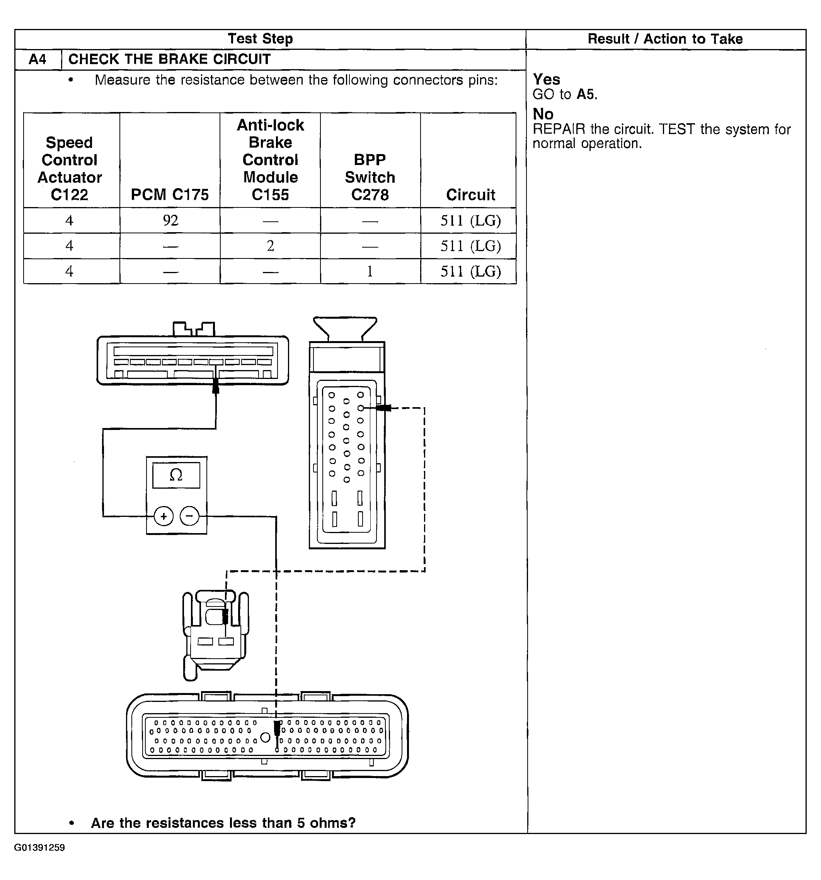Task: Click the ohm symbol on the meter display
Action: (176, 475)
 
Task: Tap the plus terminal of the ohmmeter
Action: (164, 516)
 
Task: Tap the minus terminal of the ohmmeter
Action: (189, 516)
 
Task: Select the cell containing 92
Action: (170, 221)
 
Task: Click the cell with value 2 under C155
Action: (270, 246)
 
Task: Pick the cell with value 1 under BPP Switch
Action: (370, 271)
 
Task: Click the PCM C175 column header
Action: (170, 194)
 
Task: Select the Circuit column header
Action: (470, 195)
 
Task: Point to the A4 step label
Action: (37, 59)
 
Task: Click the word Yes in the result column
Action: (547, 80)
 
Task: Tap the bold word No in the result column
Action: (543, 114)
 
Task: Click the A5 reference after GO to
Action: (586, 94)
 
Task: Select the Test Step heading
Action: (261, 39)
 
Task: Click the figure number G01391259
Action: (39, 848)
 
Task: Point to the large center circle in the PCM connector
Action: (265, 737)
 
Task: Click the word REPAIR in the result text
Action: (559, 129)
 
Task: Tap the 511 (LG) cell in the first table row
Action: (470, 221)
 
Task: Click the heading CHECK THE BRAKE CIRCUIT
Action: (169, 59)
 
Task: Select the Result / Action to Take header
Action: (665, 39)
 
